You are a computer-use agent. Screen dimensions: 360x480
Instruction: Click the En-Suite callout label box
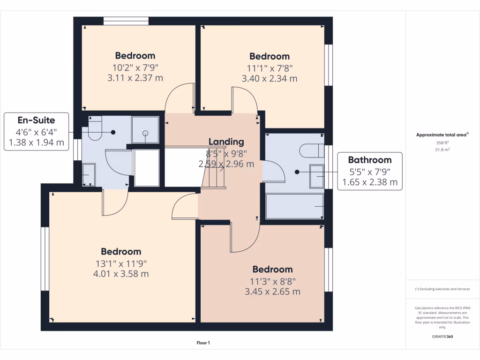(36, 131)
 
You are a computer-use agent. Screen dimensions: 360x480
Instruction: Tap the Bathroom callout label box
(370, 171)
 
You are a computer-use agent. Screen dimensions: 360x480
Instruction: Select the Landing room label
(226, 142)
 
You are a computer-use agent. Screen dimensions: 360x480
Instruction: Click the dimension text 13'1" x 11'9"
(121, 263)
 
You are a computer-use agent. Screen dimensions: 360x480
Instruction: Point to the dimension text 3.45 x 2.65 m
(272, 292)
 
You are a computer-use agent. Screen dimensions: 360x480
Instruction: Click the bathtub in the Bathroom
(294, 206)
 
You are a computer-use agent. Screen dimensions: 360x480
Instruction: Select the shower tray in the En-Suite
(145, 129)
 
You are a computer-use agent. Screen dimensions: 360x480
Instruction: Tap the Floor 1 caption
(203, 343)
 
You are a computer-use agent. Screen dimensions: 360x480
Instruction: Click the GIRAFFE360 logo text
(442, 337)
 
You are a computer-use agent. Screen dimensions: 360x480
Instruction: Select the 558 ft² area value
(442, 142)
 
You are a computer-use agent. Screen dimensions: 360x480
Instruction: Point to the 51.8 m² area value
(442, 150)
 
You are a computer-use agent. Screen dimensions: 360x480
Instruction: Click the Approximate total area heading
(442, 135)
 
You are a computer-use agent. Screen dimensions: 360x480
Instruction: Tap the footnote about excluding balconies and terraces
(442, 289)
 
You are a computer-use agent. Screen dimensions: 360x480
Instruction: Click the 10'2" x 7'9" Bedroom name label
(135, 56)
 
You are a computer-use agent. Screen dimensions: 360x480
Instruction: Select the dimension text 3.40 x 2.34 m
(269, 78)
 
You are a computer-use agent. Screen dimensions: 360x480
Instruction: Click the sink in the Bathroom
(316, 176)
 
